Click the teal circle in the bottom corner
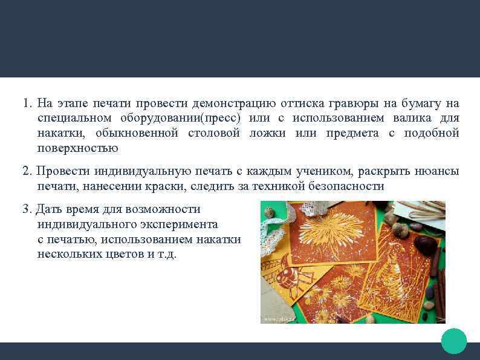[454, 341]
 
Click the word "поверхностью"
[77, 148]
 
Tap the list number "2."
[27, 171]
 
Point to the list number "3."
[27, 209]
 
